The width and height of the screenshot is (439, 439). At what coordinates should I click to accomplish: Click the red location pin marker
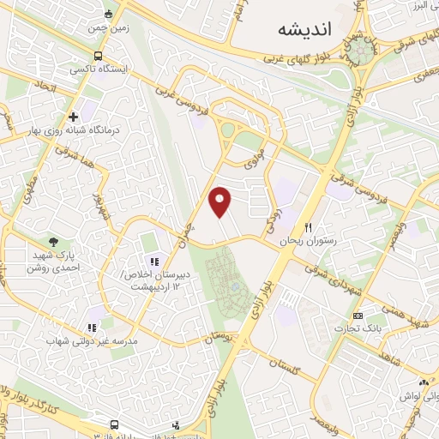[221, 202]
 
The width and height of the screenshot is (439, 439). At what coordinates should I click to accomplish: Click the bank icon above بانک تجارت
[370, 316]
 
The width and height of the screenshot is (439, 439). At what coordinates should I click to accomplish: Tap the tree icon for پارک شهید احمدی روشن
[55, 243]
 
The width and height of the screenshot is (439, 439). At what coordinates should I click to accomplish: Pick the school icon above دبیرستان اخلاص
[154, 262]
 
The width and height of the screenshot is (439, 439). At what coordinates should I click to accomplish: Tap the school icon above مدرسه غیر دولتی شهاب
[92, 327]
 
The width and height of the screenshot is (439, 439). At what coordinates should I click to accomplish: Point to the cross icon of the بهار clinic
[74, 116]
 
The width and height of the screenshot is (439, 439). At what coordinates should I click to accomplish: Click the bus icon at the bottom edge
[115, 424]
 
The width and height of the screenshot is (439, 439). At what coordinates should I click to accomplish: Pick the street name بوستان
[221, 339]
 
